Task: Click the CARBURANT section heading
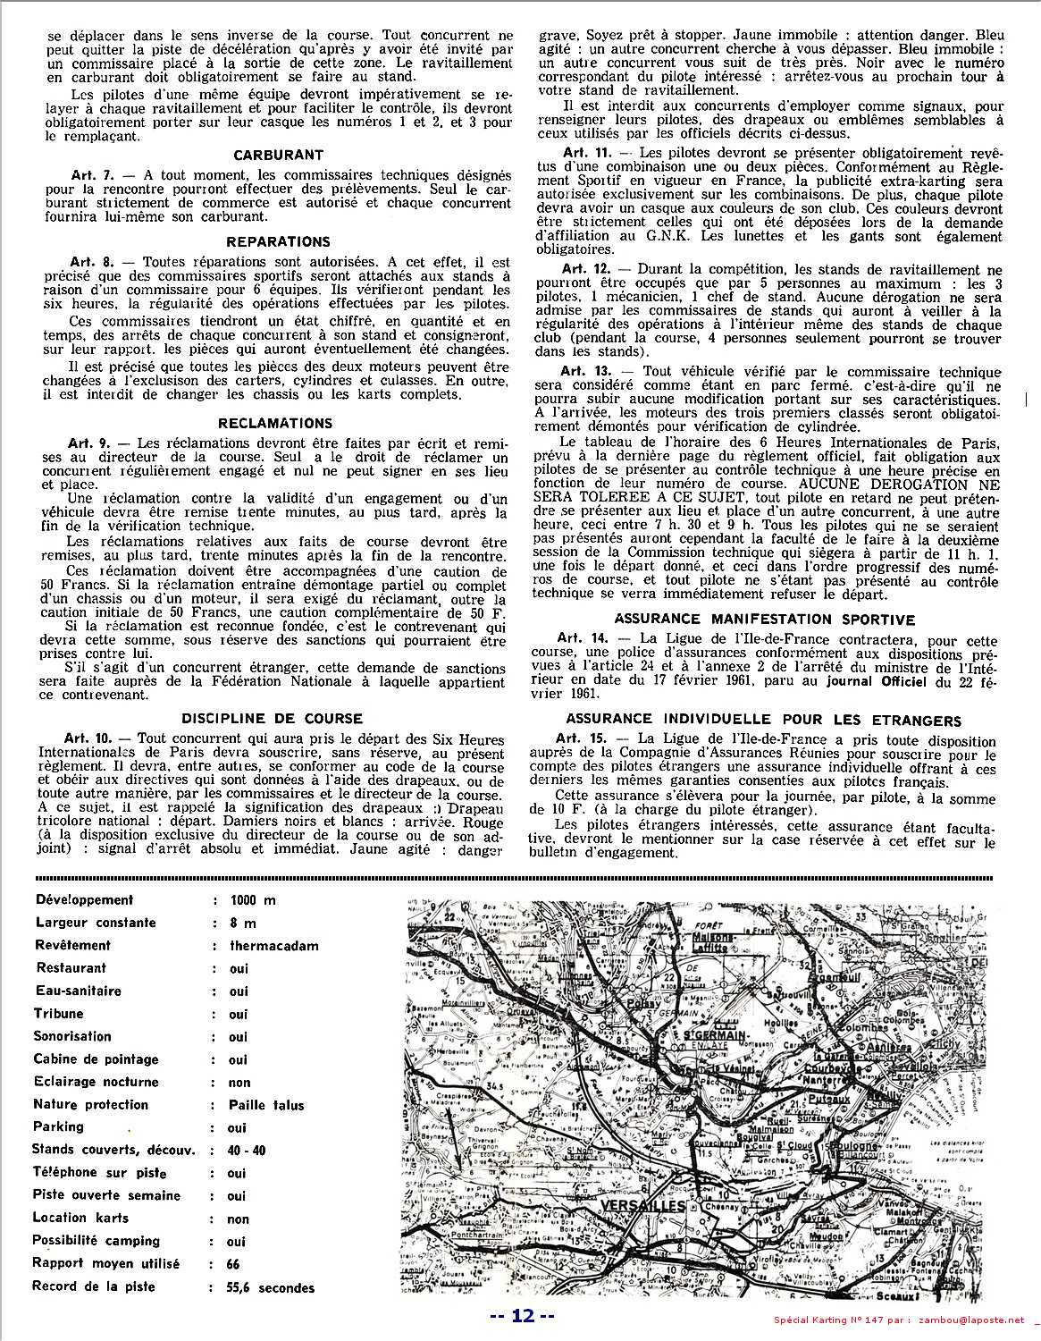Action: click(278, 155)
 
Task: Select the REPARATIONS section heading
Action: click(278, 241)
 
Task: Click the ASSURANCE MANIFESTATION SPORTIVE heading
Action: click(764, 619)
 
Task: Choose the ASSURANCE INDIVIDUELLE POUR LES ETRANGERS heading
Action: click(763, 721)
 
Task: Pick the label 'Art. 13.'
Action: click(585, 371)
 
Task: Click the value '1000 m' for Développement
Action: click(253, 900)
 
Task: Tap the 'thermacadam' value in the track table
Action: click(273, 946)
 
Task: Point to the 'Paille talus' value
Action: click(266, 1105)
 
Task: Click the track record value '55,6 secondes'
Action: click(272, 1288)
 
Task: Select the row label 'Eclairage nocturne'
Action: click(96, 1082)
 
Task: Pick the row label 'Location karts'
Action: click(80, 1218)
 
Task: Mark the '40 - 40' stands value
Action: click(248, 1151)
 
